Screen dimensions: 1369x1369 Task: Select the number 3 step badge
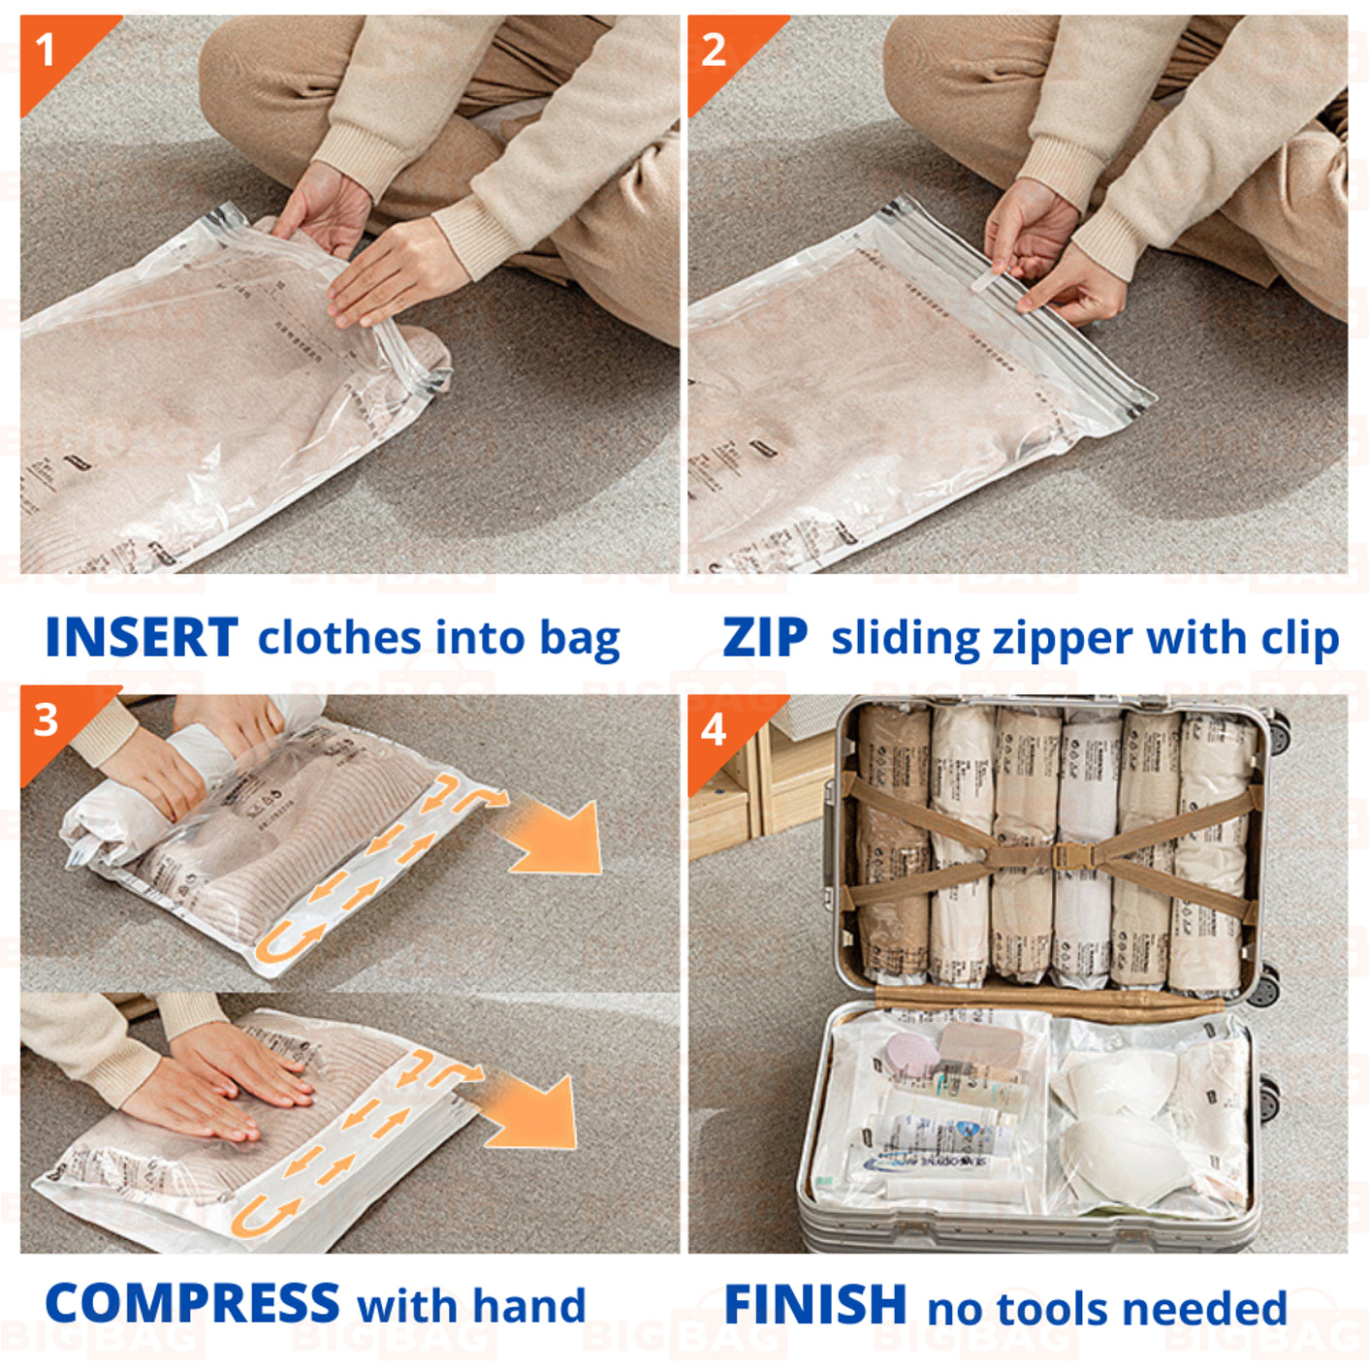46,720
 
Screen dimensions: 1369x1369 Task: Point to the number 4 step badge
714,729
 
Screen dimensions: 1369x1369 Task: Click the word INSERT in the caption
142,638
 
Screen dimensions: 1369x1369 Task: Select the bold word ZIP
765,638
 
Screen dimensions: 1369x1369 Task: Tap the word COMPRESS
192,1304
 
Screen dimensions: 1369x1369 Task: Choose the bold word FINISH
815,1305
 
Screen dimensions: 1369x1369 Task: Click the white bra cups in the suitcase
1115,1115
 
